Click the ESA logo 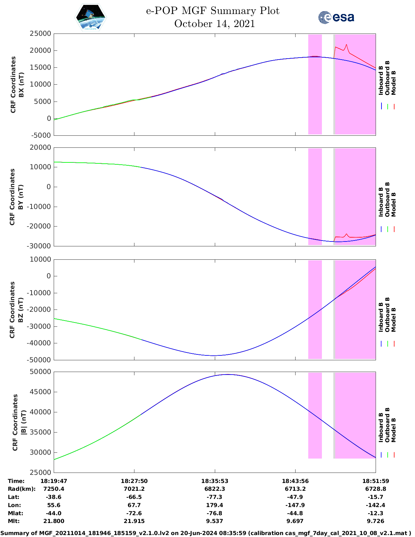(336, 17)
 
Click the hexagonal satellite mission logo (91, 18)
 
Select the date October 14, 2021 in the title (214, 24)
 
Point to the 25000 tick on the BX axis (40, 34)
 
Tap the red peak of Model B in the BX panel (346, 45)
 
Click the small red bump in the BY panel (347, 234)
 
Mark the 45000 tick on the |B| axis (40, 392)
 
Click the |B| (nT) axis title (23, 422)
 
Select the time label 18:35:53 (214, 481)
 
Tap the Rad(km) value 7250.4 (54, 489)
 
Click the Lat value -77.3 (214, 497)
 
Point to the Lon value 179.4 (214, 505)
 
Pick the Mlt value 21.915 (134, 521)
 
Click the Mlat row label (15, 513)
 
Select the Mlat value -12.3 (376, 513)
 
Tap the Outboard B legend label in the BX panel (387, 78)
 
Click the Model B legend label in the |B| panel (394, 430)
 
